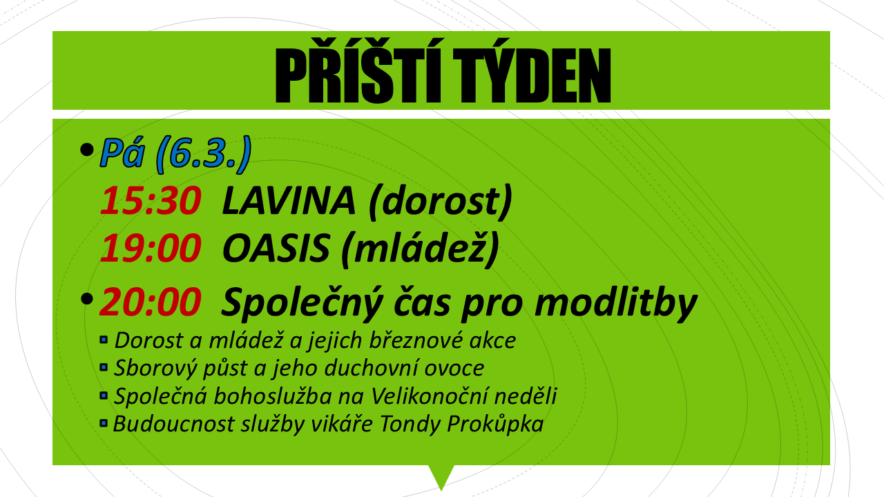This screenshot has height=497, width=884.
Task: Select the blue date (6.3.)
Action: (x=204, y=154)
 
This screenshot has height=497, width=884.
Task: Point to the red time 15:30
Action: (x=151, y=201)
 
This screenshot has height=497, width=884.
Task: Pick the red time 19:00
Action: (x=151, y=248)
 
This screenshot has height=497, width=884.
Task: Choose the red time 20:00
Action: (x=151, y=302)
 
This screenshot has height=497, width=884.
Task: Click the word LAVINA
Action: (x=289, y=201)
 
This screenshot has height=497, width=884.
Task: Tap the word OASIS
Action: (x=276, y=248)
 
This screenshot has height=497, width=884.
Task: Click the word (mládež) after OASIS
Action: (x=420, y=249)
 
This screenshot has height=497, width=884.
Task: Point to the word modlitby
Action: (x=615, y=304)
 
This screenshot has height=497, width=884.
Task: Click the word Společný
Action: (x=302, y=304)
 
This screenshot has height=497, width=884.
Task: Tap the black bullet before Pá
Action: (x=86, y=150)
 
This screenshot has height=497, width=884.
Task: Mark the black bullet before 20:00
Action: (x=86, y=299)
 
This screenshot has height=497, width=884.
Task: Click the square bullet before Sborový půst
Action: (x=104, y=368)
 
